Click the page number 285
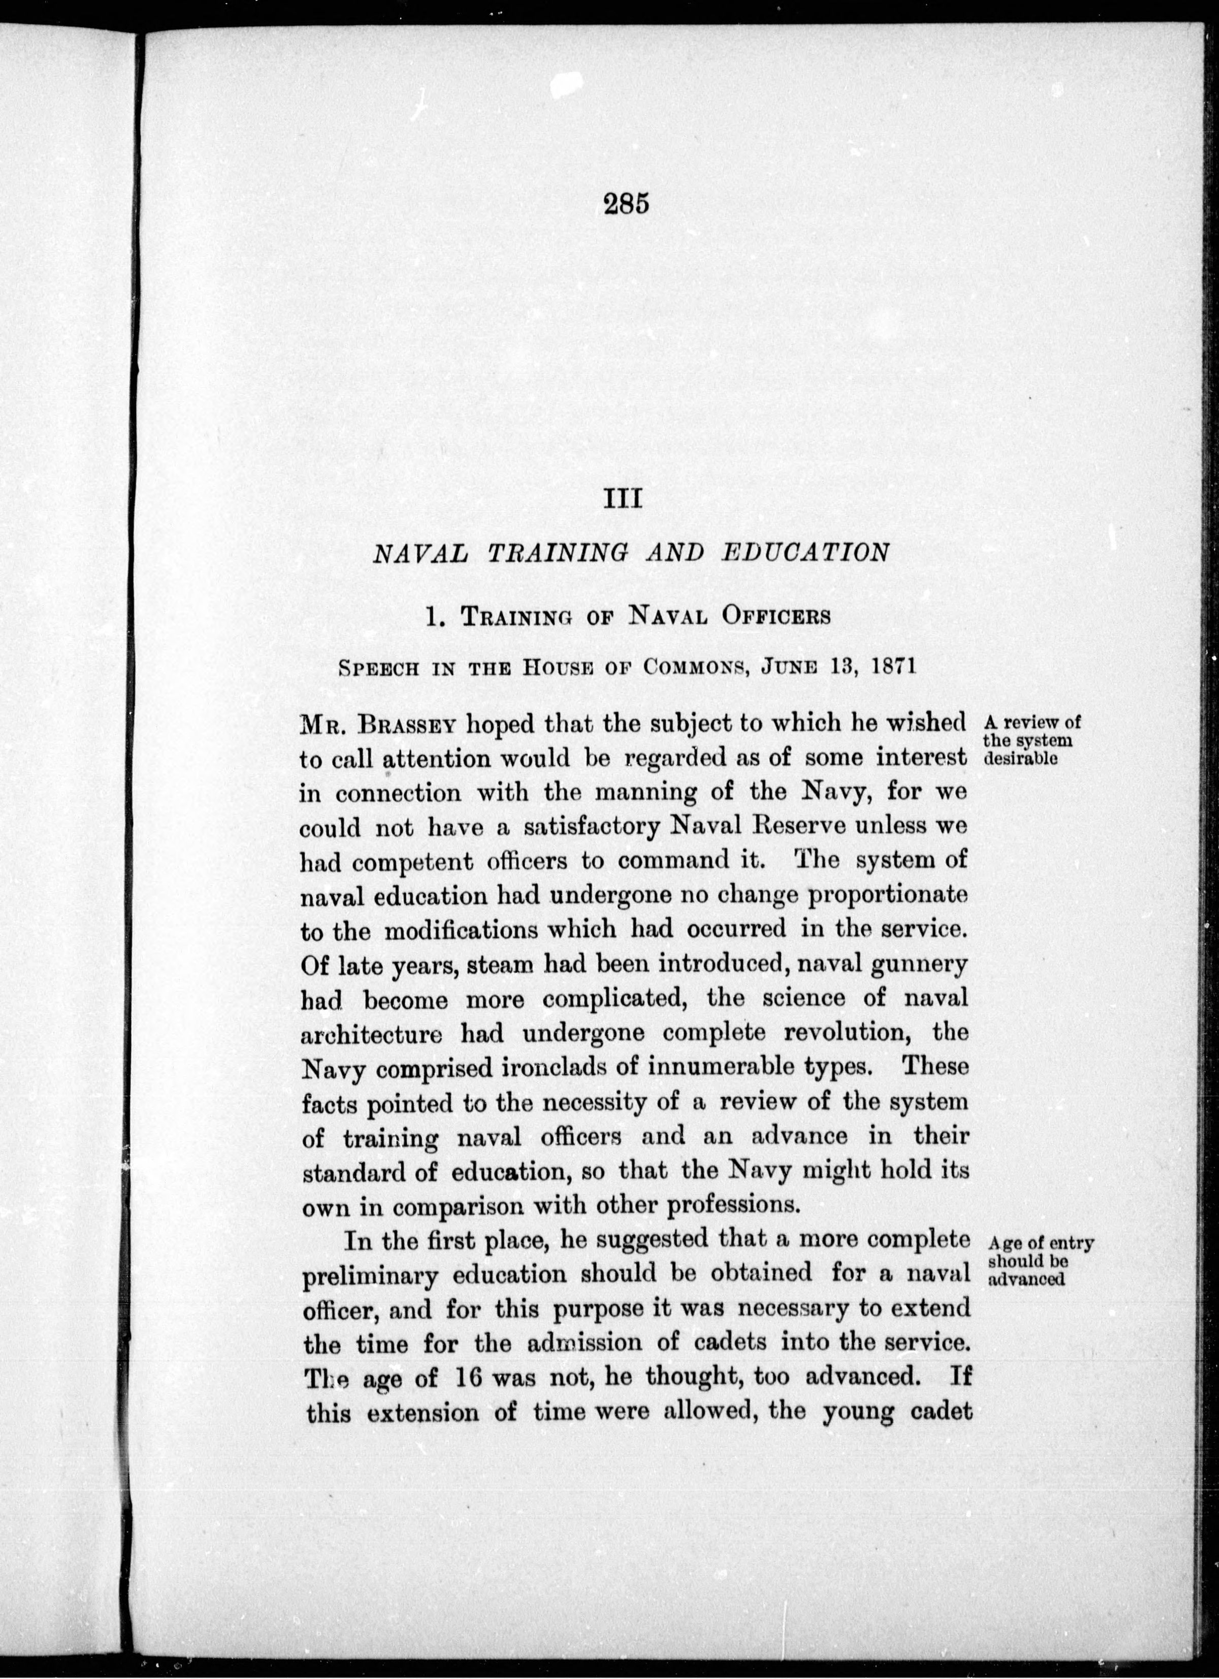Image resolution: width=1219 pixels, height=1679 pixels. (625, 203)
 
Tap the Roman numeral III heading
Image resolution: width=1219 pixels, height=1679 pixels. (623, 499)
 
